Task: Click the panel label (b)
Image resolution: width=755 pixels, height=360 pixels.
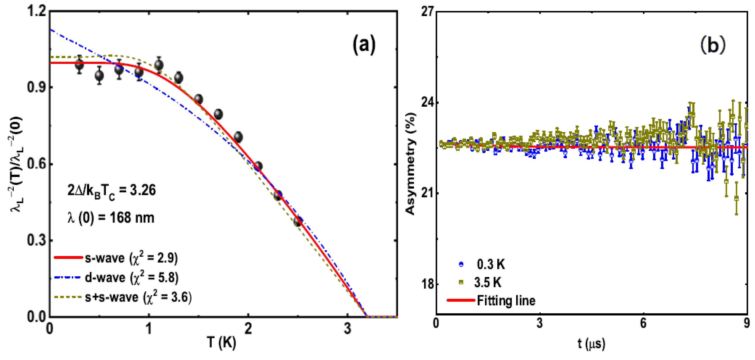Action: click(x=713, y=45)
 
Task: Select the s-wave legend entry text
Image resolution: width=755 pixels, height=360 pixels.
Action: click(x=131, y=258)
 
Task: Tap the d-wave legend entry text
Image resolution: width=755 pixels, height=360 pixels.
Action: click(x=131, y=277)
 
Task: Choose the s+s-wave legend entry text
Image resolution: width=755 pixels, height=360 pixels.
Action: click(x=138, y=297)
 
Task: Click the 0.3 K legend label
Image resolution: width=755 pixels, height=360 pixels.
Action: click(x=491, y=265)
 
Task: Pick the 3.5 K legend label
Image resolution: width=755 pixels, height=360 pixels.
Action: click(x=488, y=283)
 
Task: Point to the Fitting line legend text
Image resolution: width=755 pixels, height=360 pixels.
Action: click(x=506, y=301)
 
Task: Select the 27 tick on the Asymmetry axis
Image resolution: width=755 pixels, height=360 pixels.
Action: click(x=427, y=12)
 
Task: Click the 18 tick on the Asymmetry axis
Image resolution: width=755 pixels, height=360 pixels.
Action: click(x=427, y=284)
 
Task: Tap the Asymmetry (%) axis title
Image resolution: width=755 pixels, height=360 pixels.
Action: click(x=410, y=164)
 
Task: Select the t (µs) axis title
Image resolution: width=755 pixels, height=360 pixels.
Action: click(x=591, y=343)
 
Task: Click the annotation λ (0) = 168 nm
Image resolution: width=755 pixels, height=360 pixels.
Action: click(x=111, y=218)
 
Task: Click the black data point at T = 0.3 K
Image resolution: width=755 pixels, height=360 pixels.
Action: click(x=79, y=64)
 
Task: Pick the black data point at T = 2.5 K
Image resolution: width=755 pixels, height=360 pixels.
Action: click(x=298, y=221)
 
